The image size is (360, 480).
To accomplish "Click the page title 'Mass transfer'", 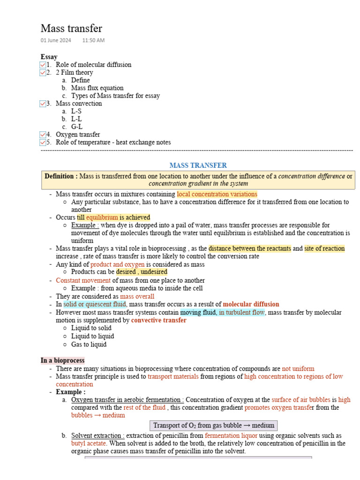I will click(x=71, y=29).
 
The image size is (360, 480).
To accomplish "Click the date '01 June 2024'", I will click(x=56, y=41).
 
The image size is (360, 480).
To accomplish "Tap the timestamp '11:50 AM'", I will click(x=93, y=41).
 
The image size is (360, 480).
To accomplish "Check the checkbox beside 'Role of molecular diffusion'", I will click(x=43, y=65).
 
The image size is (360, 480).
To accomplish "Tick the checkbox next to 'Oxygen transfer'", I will click(x=43, y=135).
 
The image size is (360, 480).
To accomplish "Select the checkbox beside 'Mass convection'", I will click(x=43, y=104).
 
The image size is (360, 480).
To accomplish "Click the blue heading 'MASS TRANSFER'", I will click(x=198, y=165).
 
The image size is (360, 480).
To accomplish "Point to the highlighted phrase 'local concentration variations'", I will click(x=217, y=194).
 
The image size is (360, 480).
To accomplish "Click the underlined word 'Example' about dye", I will click(x=85, y=225).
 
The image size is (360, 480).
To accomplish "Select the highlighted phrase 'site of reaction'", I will click(x=324, y=248).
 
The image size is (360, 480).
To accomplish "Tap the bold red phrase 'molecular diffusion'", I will click(x=251, y=304).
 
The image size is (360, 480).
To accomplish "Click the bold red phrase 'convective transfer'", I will click(x=158, y=321).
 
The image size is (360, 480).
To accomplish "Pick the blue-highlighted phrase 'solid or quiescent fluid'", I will click(x=95, y=304).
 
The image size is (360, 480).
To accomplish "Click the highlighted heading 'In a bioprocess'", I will click(x=63, y=360).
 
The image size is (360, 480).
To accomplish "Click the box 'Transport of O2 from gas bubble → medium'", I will click(x=214, y=426).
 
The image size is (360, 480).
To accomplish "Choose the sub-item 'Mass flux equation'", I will click(x=97, y=88).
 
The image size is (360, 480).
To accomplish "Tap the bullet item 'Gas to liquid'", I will click(x=89, y=345).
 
